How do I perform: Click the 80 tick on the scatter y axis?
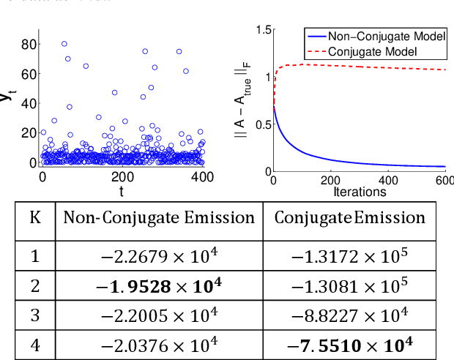pyautogui.click(x=27, y=44)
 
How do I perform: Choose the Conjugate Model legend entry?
pyautogui.click(x=373, y=51)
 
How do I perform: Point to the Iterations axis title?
pyautogui.click(x=360, y=191)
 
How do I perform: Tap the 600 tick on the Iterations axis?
pyautogui.click(x=444, y=180)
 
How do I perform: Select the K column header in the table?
pyautogui.click(x=35, y=218)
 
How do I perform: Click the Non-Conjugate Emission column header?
pyautogui.click(x=159, y=218)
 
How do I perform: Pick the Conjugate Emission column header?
pyautogui.click(x=349, y=218)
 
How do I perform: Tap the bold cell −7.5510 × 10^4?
pyautogui.click(x=349, y=342)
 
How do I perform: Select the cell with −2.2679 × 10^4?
pyautogui.click(x=159, y=255)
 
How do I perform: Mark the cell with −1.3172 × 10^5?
pyautogui.click(x=349, y=255)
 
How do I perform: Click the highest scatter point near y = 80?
pyautogui.click(x=64, y=44)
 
